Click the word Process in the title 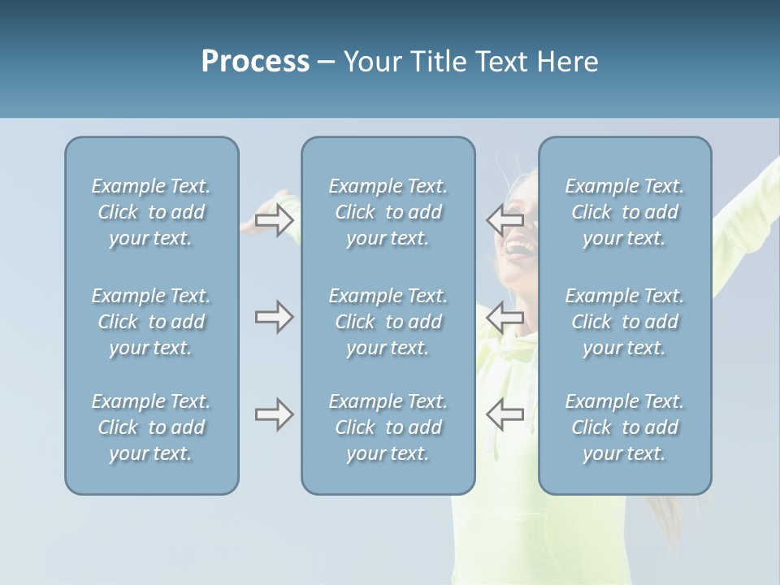point(255,62)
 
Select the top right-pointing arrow point(274,219)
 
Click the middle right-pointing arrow point(274,317)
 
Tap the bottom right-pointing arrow point(274,414)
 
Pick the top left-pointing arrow point(505,219)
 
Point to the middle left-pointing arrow point(505,317)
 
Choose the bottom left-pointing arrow point(505,414)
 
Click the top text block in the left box point(151,212)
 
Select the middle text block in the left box point(151,322)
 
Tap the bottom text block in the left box point(151,427)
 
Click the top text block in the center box point(388,212)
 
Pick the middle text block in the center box point(388,322)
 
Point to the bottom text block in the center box point(388,427)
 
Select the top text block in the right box point(624,212)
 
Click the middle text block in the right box point(624,322)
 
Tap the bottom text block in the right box point(624,427)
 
